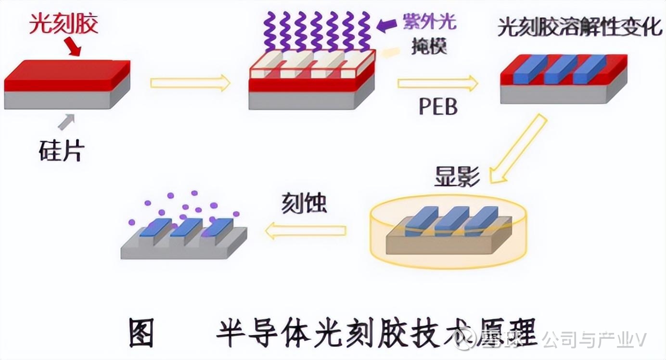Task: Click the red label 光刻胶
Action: tap(64, 23)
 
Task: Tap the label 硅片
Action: tap(61, 151)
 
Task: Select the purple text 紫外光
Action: tap(430, 23)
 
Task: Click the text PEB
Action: tap(437, 107)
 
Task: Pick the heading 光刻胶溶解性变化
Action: tap(580, 27)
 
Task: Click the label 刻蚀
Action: tap(304, 204)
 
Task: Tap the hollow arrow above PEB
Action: tap(437, 84)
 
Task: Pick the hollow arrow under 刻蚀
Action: tap(305, 231)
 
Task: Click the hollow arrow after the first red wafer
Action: tap(190, 83)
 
